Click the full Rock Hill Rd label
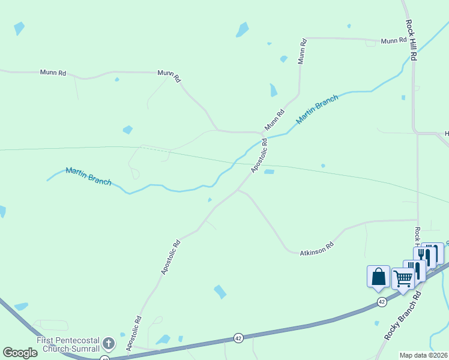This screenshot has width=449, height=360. (x=411, y=40)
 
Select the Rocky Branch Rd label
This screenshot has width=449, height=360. (x=403, y=316)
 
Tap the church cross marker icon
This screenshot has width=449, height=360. (x=108, y=344)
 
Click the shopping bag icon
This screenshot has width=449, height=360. (x=378, y=277)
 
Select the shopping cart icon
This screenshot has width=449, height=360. (x=403, y=278)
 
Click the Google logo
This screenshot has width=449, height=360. (x=20, y=352)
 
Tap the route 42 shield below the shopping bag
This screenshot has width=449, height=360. (x=382, y=302)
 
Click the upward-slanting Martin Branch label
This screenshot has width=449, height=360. (x=317, y=112)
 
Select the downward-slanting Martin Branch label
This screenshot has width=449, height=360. (x=88, y=176)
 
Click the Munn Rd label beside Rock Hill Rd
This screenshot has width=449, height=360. (x=393, y=41)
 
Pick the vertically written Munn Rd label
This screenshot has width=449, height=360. (x=303, y=51)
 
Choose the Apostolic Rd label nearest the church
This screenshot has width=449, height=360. (x=134, y=333)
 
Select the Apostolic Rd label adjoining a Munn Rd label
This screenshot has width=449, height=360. (x=259, y=156)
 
